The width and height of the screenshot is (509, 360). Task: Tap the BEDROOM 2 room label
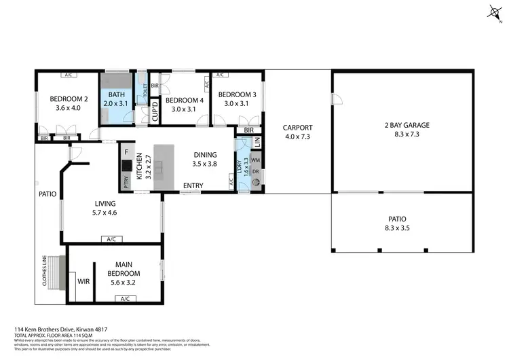[69, 98]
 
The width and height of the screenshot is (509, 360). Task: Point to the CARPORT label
[297, 127]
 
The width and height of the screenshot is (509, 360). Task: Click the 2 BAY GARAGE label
[402, 125]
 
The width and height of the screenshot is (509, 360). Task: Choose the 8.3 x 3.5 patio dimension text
[398, 229]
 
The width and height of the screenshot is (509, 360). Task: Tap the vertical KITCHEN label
[140, 165]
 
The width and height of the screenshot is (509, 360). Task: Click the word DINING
[205, 154]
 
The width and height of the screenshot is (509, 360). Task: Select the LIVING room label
[105, 203]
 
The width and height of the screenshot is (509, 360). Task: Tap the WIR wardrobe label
[84, 281]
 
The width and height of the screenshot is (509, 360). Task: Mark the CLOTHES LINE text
[45, 272]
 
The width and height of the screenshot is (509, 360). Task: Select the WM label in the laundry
[256, 160]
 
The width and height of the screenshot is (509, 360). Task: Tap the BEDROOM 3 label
[237, 94]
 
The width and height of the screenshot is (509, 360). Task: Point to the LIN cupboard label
[257, 142]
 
